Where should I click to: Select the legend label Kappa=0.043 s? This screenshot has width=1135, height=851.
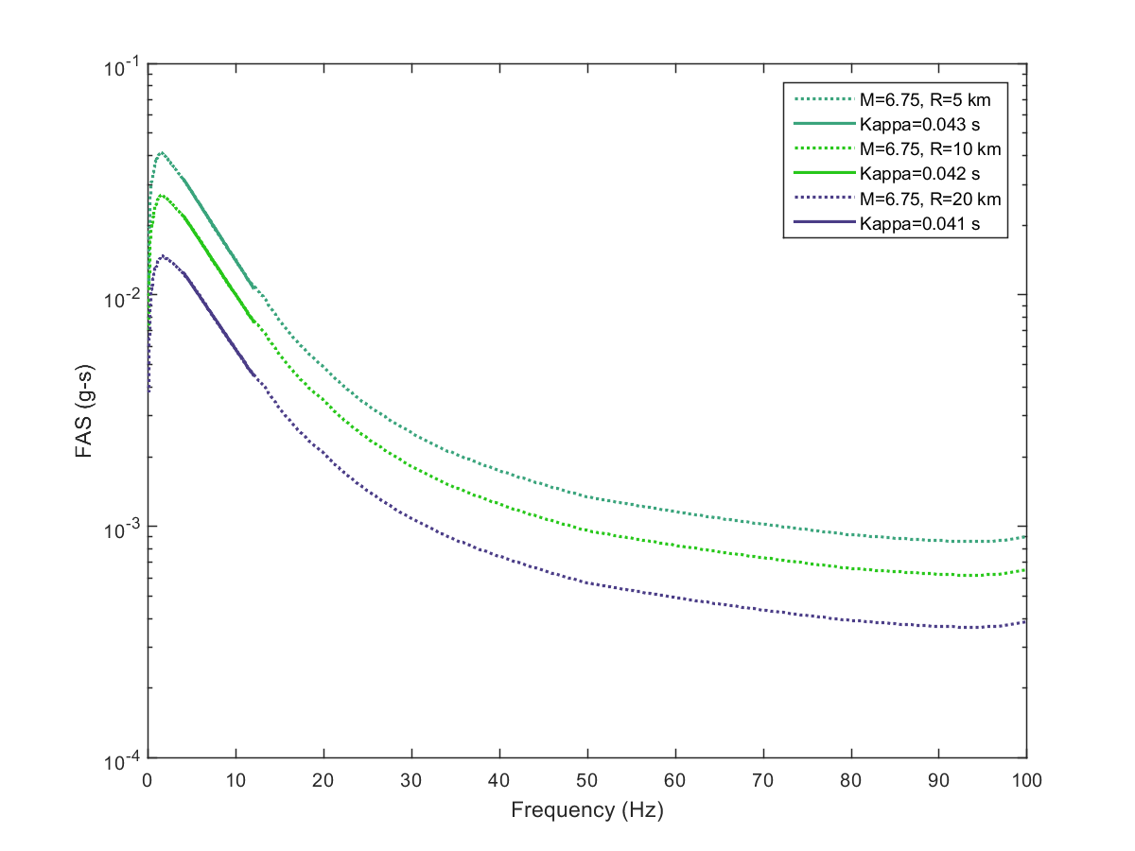coord(908,123)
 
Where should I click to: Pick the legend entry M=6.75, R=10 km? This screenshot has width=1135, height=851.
coord(913,148)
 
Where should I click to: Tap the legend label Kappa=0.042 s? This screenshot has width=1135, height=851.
coord(908,174)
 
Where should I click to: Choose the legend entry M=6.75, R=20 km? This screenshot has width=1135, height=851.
coord(913,200)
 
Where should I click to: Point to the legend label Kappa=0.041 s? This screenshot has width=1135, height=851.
coord(908,225)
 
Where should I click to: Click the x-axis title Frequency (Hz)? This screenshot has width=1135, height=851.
coord(586,810)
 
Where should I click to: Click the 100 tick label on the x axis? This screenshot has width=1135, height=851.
coord(1026,781)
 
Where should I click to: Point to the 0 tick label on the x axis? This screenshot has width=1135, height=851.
coord(148,781)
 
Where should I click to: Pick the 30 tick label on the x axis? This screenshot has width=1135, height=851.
coord(410,781)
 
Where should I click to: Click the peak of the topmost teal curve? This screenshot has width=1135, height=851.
coord(162,152)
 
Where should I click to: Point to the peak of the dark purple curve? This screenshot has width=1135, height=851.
coord(164,255)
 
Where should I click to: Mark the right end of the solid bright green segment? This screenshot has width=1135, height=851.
coord(253,322)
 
